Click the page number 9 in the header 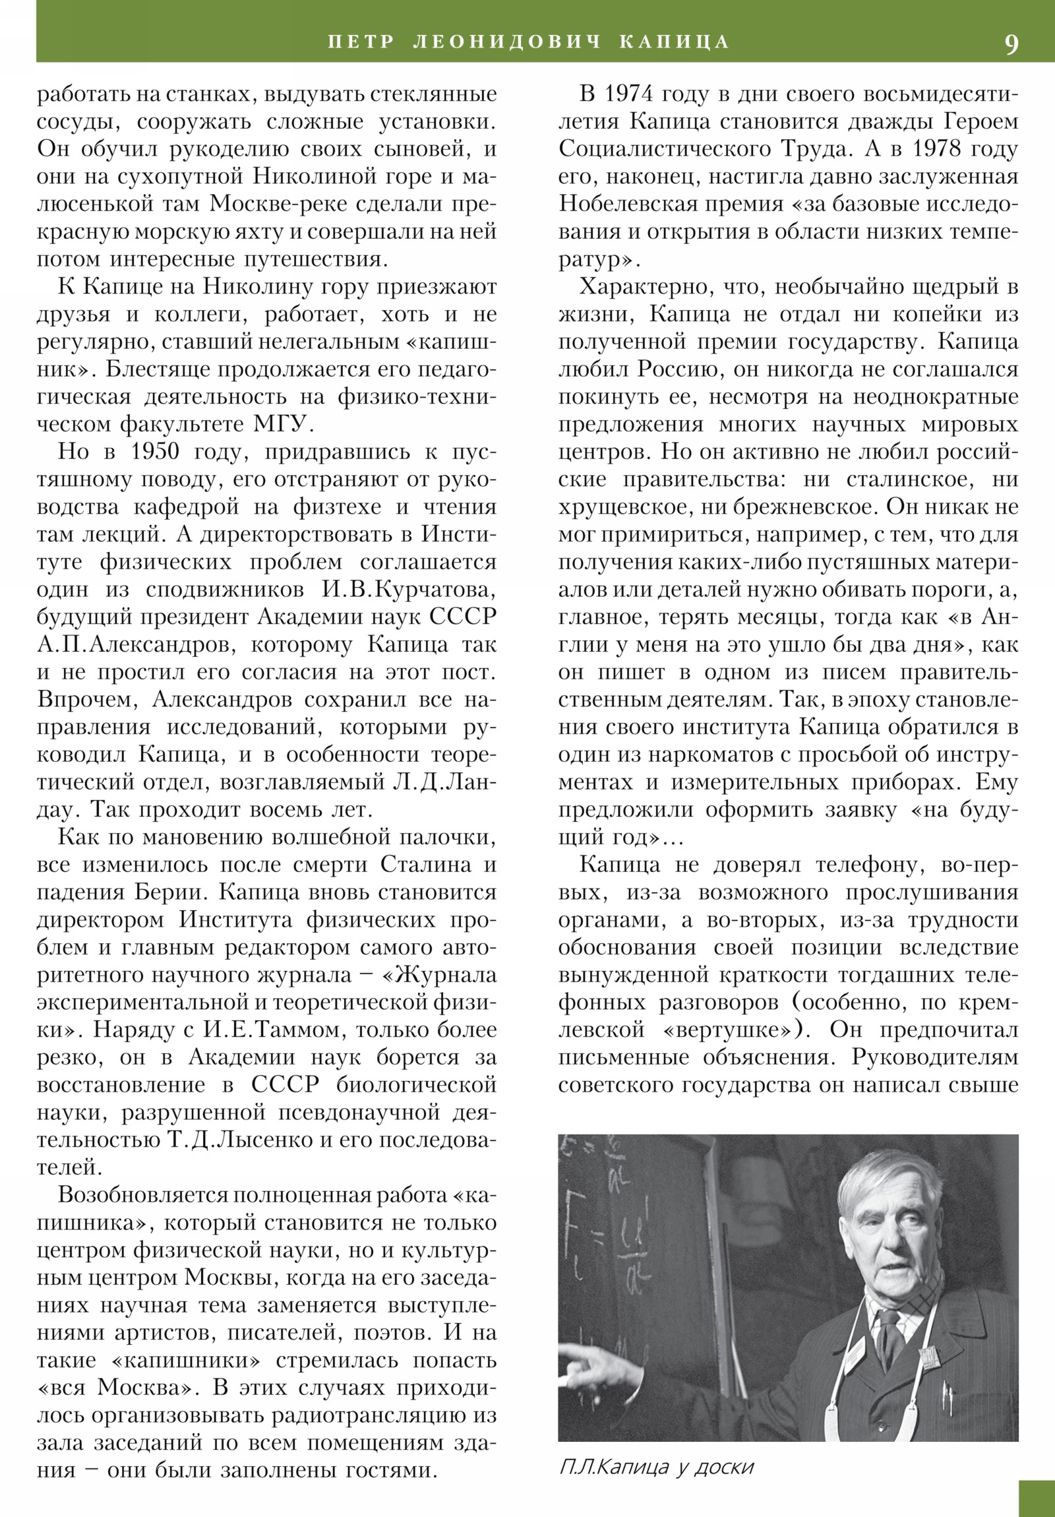click(1011, 44)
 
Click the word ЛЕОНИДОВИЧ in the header click(506, 42)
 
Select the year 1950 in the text click(154, 452)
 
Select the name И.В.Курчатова click(409, 590)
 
